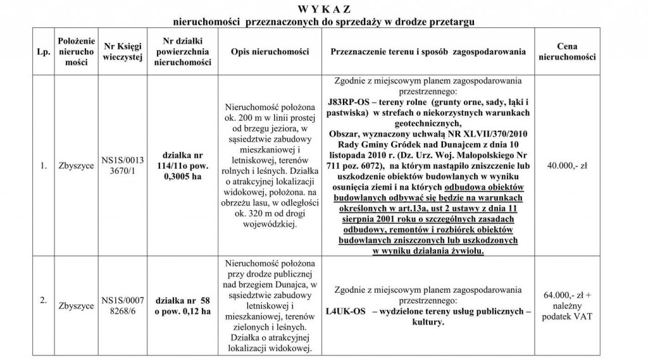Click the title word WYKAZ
coord(323,9)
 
